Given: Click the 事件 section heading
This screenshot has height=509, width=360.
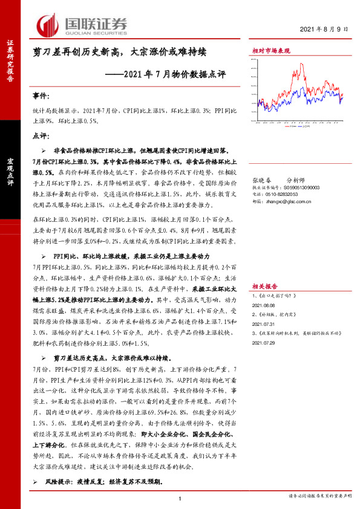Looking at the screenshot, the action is click(42, 96).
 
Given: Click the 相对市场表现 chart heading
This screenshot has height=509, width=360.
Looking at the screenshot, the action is click(270, 51).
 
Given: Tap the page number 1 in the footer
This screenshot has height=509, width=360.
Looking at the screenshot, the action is click(180, 497).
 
